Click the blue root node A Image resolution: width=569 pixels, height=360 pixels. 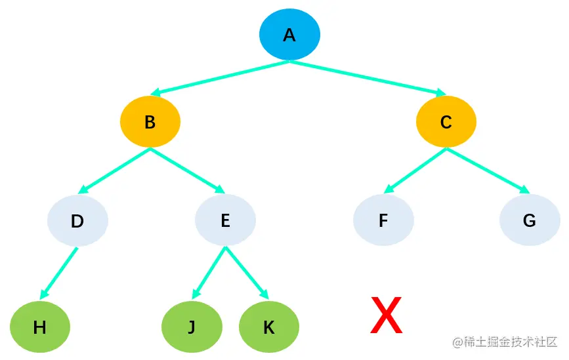pyautogui.click(x=289, y=35)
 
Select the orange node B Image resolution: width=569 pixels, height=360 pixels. pyautogui.click(x=150, y=122)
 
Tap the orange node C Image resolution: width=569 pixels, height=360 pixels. pyautogui.click(x=446, y=122)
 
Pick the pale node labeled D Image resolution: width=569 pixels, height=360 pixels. pyautogui.click(x=77, y=220)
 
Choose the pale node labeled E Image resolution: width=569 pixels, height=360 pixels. pyautogui.click(x=225, y=220)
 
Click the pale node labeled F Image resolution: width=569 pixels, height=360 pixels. pyautogui.click(x=383, y=220)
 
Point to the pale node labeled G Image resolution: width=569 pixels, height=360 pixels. pyautogui.click(x=530, y=220)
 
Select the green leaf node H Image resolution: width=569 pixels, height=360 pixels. pyautogui.click(x=40, y=327)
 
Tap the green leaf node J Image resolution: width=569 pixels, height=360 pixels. pyautogui.click(x=192, y=327)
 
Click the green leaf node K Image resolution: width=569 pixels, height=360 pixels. pyautogui.click(x=269, y=327)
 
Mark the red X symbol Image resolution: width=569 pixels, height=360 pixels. pyautogui.click(x=386, y=315)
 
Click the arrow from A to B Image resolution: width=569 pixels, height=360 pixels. pyautogui.click(x=220, y=78)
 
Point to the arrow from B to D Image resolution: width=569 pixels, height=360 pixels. pyautogui.click(x=114, y=171)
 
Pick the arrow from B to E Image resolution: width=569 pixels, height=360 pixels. pyautogui.click(x=188, y=171)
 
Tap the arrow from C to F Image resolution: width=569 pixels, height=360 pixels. pyautogui.click(x=415, y=171)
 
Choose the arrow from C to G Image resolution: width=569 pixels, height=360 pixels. pyautogui.click(x=488, y=171)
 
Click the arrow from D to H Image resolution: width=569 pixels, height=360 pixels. pyautogui.click(x=59, y=273)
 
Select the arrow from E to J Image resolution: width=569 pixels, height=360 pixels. pyautogui.click(x=209, y=273)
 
